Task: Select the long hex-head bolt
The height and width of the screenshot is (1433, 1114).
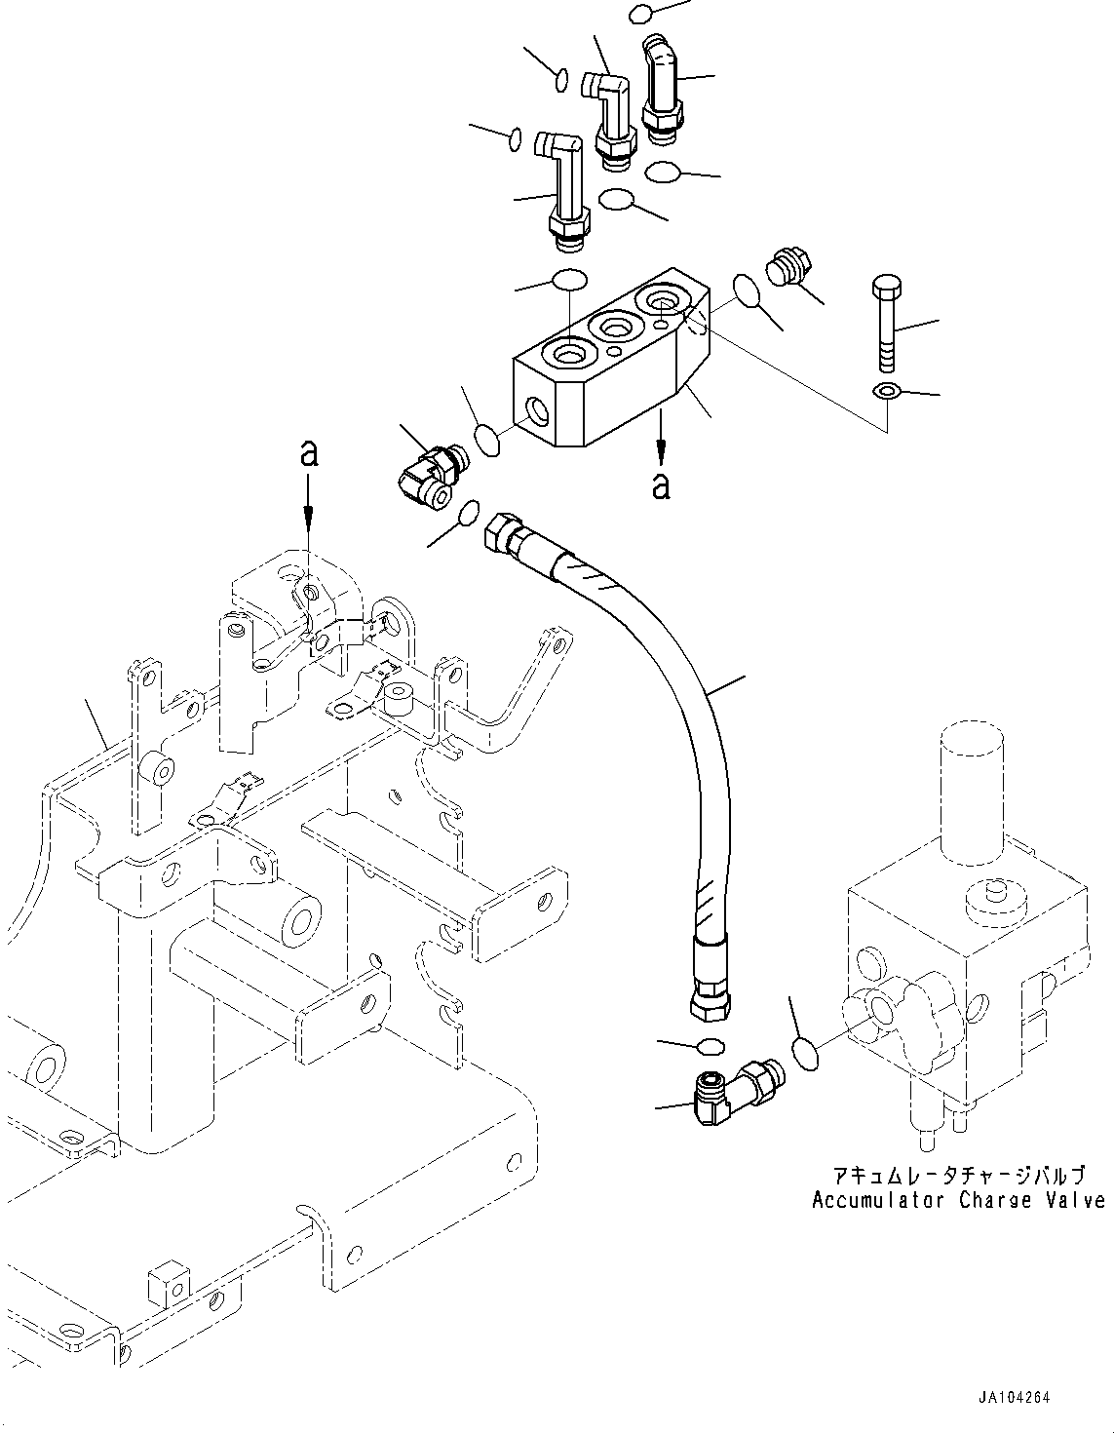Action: tap(885, 323)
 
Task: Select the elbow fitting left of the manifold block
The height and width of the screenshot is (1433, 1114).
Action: tap(429, 472)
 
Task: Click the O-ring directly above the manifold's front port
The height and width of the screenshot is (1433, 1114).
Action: tap(569, 280)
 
